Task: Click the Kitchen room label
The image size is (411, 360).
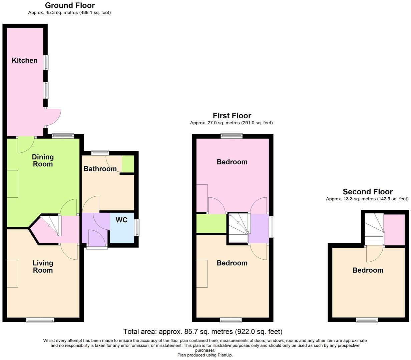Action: coord(25,60)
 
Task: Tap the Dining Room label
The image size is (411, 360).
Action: coord(43,160)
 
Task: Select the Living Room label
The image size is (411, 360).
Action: coord(43,266)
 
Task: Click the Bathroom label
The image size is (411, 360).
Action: coord(100,169)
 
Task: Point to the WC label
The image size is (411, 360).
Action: coord(121,220)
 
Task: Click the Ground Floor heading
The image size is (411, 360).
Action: coord(70,5)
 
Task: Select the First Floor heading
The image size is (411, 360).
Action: coord(232,116)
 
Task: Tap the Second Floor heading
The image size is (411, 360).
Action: coord(368,192)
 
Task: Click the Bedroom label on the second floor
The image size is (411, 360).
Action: coord(368,270)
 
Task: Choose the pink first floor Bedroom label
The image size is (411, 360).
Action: coord(232,162)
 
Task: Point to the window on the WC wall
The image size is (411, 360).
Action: coord(137,227)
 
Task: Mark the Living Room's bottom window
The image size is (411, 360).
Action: coord(40,320)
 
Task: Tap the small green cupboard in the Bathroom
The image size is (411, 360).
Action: coord(128,164)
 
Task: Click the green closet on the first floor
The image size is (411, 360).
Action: coord(212,224)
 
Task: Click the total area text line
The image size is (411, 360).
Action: coord(203,332)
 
